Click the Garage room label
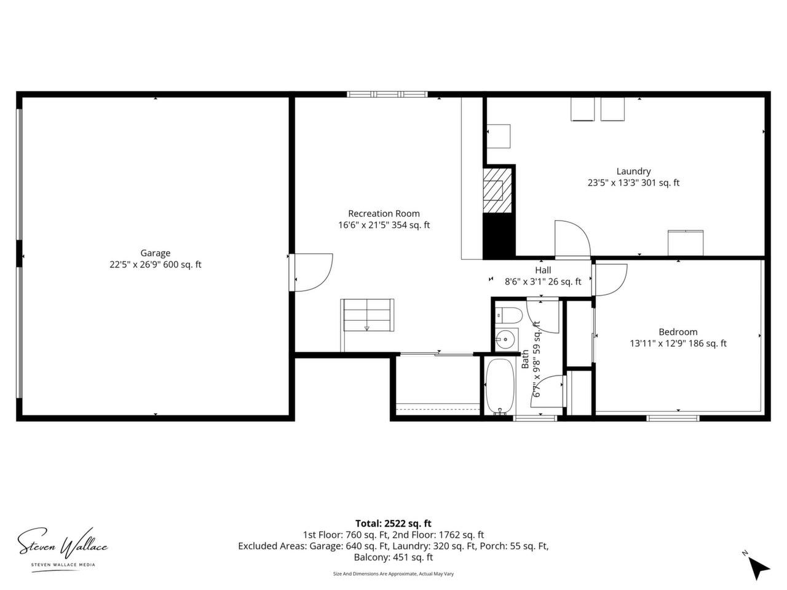click(156, 253)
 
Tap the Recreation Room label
click(384, 213)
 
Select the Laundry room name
click(633, 171)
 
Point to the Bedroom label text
click(678, 332)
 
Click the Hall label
click(543, 270)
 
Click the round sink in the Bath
click(505, 339)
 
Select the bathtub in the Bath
click(500, 387)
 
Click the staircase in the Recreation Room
click(367, 315)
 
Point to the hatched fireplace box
click(497, 191)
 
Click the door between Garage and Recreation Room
click(311, 272)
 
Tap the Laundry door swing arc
click(572, 239)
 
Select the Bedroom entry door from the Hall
click(609, 280)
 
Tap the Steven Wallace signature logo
click(63, 546)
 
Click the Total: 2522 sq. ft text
click(393, 524)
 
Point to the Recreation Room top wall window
click(387, 95)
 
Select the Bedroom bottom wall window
click(673, 418)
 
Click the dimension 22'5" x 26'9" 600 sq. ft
click(156, 265)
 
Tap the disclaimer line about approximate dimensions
click(393, 574)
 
